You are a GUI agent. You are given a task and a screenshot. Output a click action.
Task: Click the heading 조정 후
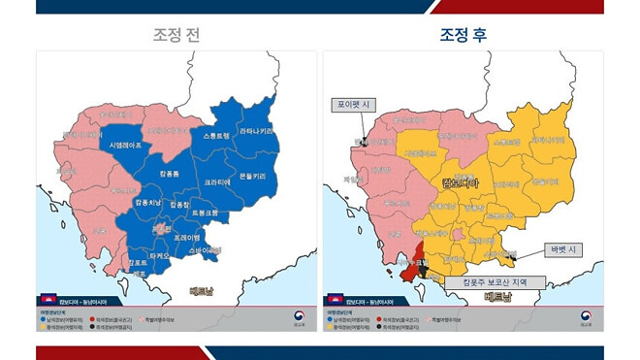(464, 36)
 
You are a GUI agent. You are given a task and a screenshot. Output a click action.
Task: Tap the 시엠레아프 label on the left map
(125, 145)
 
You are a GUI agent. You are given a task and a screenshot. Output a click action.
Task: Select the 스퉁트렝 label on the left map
(216, 137)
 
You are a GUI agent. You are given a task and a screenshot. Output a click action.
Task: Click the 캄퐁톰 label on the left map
(163, 172)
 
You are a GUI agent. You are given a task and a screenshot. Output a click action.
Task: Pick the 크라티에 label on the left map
(217, 181)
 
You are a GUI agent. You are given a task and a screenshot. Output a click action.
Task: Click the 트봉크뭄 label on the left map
(205, 213)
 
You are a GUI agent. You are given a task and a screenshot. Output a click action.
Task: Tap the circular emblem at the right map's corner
(586, 316)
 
